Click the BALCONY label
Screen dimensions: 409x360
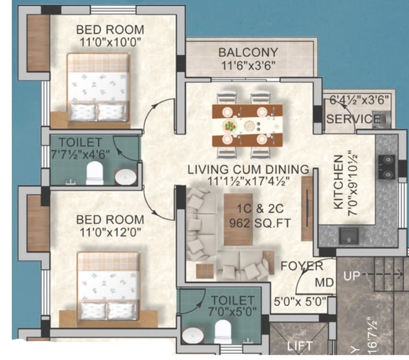(x=248, y=52)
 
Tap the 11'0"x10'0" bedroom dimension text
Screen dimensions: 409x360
(x=110, y=42)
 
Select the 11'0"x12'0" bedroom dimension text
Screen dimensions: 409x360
(x=110, y=232)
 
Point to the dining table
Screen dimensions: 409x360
(x=247, y=126)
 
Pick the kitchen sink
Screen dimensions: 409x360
(x=349, y=236)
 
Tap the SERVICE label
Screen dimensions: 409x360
(x=353, y=119)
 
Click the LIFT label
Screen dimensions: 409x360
(x=300, y=346)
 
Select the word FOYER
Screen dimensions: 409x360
(x=302, y=266)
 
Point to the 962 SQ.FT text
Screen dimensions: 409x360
(x=260, y=223)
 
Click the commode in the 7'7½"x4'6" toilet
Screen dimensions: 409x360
(x=94, y=173)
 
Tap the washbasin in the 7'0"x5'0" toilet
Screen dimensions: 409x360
(x=193, y=335)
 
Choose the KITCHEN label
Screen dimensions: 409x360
(x=339, y=182)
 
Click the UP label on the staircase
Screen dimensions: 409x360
(x=351, y=276)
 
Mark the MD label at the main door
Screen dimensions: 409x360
(x=324, y=282)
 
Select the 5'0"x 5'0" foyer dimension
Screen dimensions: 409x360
(x=300, y=302)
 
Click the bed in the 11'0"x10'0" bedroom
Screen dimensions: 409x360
(x=98, y=88)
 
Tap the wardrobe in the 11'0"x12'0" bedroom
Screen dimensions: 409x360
(x=38, y=223)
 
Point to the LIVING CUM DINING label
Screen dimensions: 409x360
(x=248, y=170)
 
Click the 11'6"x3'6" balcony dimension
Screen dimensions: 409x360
(x=248, y=65)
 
